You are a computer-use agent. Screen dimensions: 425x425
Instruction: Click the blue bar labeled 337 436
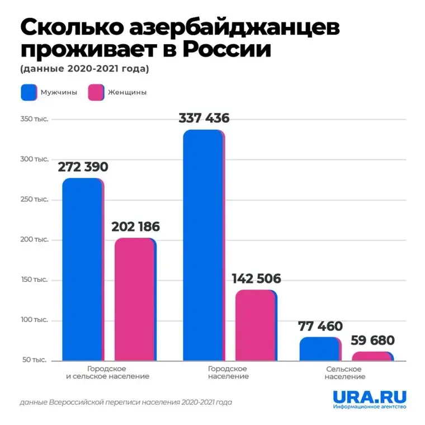click(x=202, y=246)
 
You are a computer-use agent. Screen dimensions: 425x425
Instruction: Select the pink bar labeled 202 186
click(x=134, y=300)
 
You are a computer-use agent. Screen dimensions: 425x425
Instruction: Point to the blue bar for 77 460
click(x=319, y=349)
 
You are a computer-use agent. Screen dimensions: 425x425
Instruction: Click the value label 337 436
click(x=204, y=119)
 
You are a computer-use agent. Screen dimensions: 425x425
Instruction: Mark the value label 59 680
click(x=373, y=340)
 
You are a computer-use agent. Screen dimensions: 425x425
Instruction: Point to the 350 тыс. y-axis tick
click(x=34, y=119)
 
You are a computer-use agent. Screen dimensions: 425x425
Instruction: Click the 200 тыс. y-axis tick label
click(x=34, y=240)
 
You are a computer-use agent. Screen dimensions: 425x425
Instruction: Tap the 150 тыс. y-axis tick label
click(x=34, y=280)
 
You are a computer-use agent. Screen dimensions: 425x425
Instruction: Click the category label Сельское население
click(x=343, y=373)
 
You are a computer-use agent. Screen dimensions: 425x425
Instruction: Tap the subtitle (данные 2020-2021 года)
click(x=84, y=69)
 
